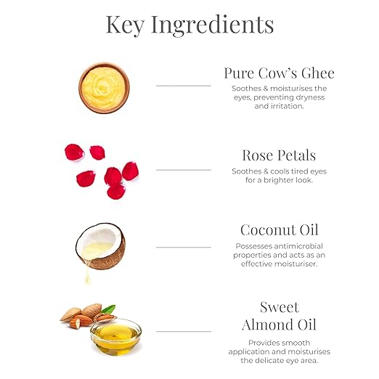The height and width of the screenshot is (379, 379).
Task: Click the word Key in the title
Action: [x=125, y=25]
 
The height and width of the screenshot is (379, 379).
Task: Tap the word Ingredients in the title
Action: [x=213, y=25]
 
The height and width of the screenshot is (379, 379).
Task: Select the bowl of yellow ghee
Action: [x=104, y=88]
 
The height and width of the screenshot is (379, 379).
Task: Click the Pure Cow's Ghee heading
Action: [x=279, y=73]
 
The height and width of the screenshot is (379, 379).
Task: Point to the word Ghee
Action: [x=318, y=73]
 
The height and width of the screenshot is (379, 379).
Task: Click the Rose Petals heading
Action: [x=279, y=155]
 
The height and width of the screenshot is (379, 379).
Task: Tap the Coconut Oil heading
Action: [x=280, y=229]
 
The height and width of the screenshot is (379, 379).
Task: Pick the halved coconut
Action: [x=100, y=246]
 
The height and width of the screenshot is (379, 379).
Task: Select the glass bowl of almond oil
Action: [x=116, y=337]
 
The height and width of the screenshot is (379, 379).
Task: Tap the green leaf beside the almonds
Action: [x=109, y=309]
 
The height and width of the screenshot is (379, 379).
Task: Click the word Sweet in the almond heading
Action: [x=280, y=307]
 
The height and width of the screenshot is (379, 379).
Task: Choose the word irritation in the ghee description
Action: [x=287, y=106]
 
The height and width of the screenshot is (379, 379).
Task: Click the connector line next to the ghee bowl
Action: [x=184, y=86]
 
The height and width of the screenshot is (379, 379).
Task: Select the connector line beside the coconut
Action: [x=184, y=248]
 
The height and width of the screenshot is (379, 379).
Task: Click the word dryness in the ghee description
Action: [x=310, y=97]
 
